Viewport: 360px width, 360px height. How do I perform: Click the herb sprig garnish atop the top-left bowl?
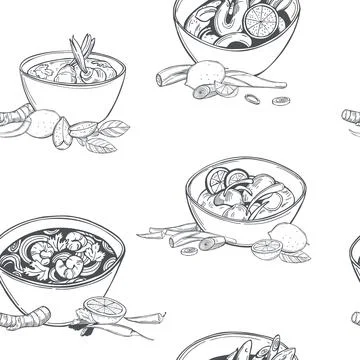81,46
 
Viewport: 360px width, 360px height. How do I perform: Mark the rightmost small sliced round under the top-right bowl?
283,100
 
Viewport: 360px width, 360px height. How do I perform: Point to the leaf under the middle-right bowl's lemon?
293,256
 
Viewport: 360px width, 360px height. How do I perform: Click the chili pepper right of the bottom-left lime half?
135,317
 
